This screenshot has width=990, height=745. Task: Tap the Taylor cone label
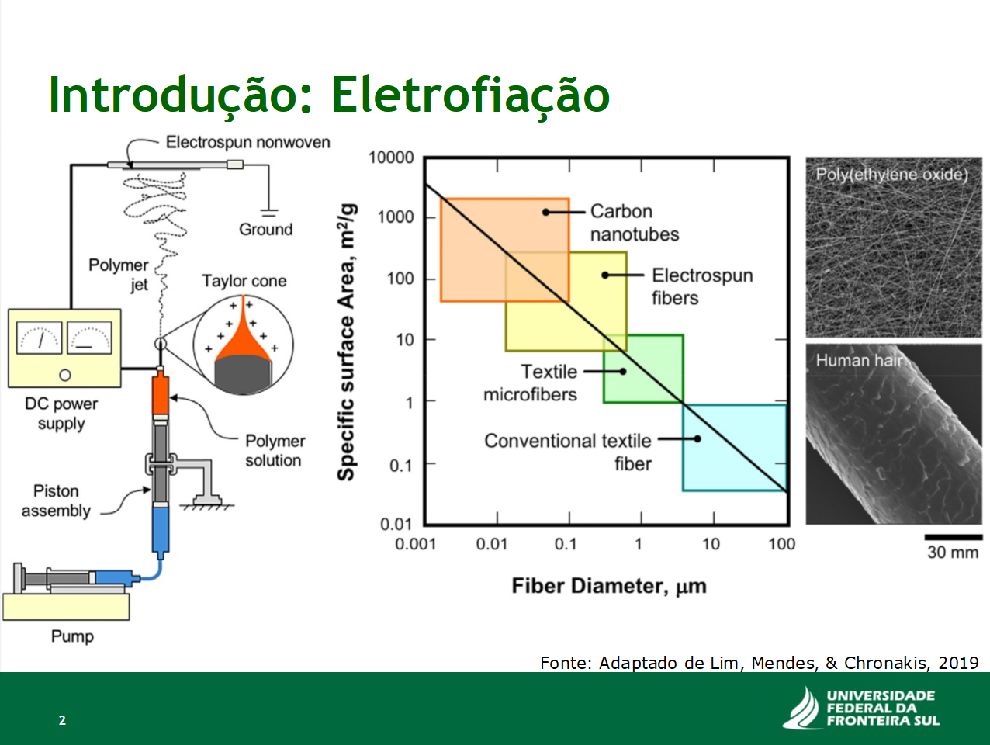pos(244,281)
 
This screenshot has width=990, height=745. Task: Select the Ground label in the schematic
pos(265,229)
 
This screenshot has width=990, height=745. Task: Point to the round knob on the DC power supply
pos(65,375)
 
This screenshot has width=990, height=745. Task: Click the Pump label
pos(72,636)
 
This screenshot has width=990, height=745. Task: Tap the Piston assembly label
pos(56,501)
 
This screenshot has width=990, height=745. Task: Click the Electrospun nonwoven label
pos(248,142)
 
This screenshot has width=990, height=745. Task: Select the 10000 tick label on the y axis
pos(391,158)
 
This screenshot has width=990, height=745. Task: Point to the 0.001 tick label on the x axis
pos(415,544)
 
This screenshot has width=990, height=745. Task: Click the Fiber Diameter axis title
pos(609,586)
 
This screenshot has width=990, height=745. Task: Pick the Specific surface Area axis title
pos(346,342)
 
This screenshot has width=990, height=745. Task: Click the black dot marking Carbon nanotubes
pos(545,212)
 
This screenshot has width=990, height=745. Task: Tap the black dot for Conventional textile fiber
pos(697,438)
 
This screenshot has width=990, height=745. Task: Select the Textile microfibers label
pos(531,383)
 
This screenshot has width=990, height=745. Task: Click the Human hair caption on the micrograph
pos(859,360)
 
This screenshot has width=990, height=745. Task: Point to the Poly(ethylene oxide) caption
pos(892,175)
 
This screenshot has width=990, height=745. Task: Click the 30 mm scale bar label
pos(953,553)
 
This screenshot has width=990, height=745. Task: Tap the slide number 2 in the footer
pos(62,719)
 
